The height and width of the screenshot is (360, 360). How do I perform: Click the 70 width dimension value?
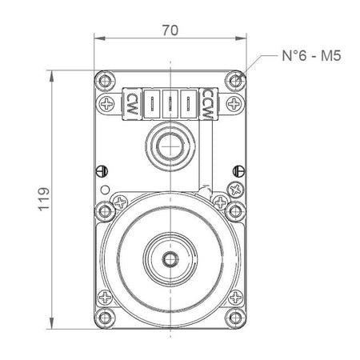point(170,30)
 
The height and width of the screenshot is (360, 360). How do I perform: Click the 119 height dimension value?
point(44,199)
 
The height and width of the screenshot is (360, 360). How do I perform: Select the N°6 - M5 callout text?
point(311,56)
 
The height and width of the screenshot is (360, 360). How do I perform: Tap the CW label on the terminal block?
point(131,104)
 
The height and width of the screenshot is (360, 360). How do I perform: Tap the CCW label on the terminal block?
point(207,104)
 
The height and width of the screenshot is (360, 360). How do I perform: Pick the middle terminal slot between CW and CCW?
point(170,104)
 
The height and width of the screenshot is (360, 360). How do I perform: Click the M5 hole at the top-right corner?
point(235,80)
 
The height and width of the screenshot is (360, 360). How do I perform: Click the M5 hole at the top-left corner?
point(105,80)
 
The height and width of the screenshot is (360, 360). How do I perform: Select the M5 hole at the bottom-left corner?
point(105,318)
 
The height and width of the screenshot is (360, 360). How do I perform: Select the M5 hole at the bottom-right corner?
point(235,318)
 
